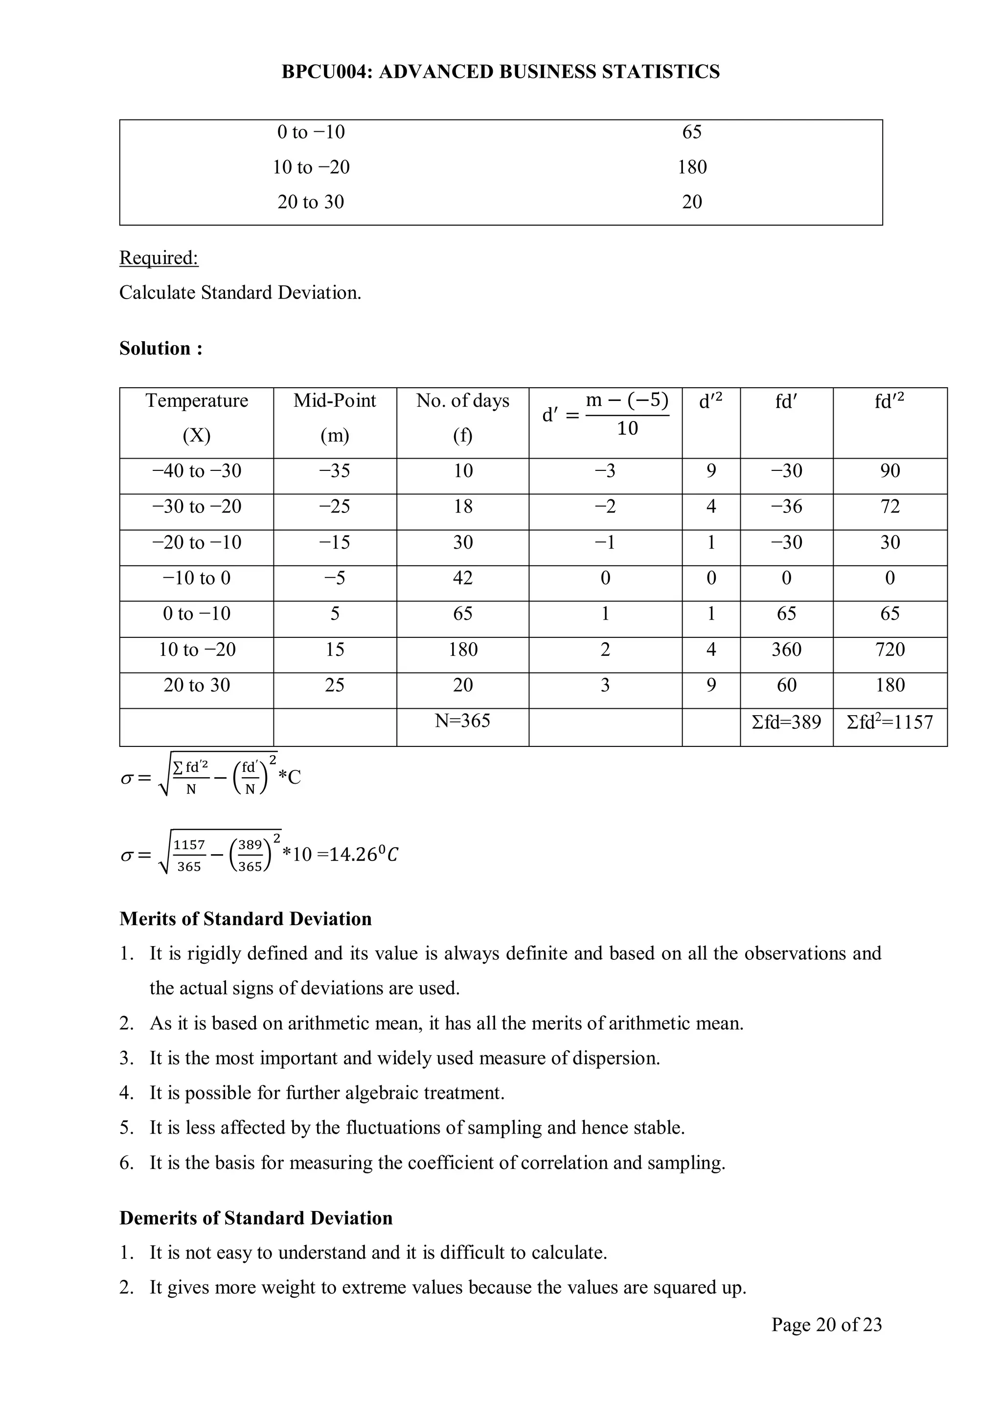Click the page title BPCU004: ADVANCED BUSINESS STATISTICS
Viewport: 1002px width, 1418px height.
pyautogui.click(x=501, y=71)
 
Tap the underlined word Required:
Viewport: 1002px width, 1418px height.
pyautogui.click(x=159, y=257)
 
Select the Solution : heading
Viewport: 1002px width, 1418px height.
pyautogui.click(x=160, y=349)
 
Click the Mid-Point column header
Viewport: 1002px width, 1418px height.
pyautogui.click(x=335, y=401)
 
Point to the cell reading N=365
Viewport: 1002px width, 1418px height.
pyautogui.click(x=462, y=721)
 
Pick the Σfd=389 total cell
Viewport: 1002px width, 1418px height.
pyautogui.click(x=787, y=722)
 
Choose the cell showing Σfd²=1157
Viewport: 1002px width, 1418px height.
pyautogui.click(x=889, y=722)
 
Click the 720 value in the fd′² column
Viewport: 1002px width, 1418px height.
pyautogui.click(x=889, y=649)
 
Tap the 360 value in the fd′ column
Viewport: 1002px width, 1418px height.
pyautogui.click(x=787, y=649)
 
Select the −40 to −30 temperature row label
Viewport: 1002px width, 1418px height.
pyautogui.click(x=196, y=470)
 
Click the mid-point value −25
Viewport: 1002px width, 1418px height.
pyautogui.click(x=335, y=507)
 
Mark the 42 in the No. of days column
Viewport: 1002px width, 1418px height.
pyautogui.click(x=462, y=578)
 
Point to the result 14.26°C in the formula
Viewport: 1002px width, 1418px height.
pyautogui.click(x=364, y=855)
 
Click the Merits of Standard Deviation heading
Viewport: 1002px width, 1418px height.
pyautogui.click(x=246, y=919)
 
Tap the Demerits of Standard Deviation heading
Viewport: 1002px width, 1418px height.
pyautogui.click(x=255, y=1218)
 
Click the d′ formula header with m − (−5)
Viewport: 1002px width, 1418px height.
pyautogui.click(x=605, y=414)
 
